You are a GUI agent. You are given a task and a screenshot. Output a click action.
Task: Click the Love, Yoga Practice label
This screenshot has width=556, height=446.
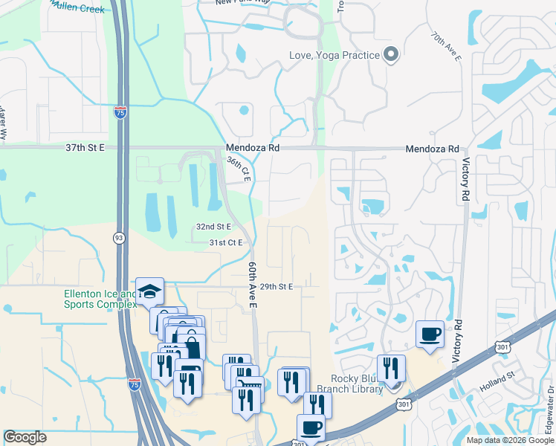coord(334,55)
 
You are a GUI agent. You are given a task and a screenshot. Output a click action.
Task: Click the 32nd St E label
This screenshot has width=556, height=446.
coord(213,226)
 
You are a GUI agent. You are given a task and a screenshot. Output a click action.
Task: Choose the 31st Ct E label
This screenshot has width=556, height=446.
coord(226,242)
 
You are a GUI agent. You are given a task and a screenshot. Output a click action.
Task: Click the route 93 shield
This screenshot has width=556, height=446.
coord(119,238)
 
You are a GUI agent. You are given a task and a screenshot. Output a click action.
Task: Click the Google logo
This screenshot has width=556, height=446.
coord(25,437)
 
